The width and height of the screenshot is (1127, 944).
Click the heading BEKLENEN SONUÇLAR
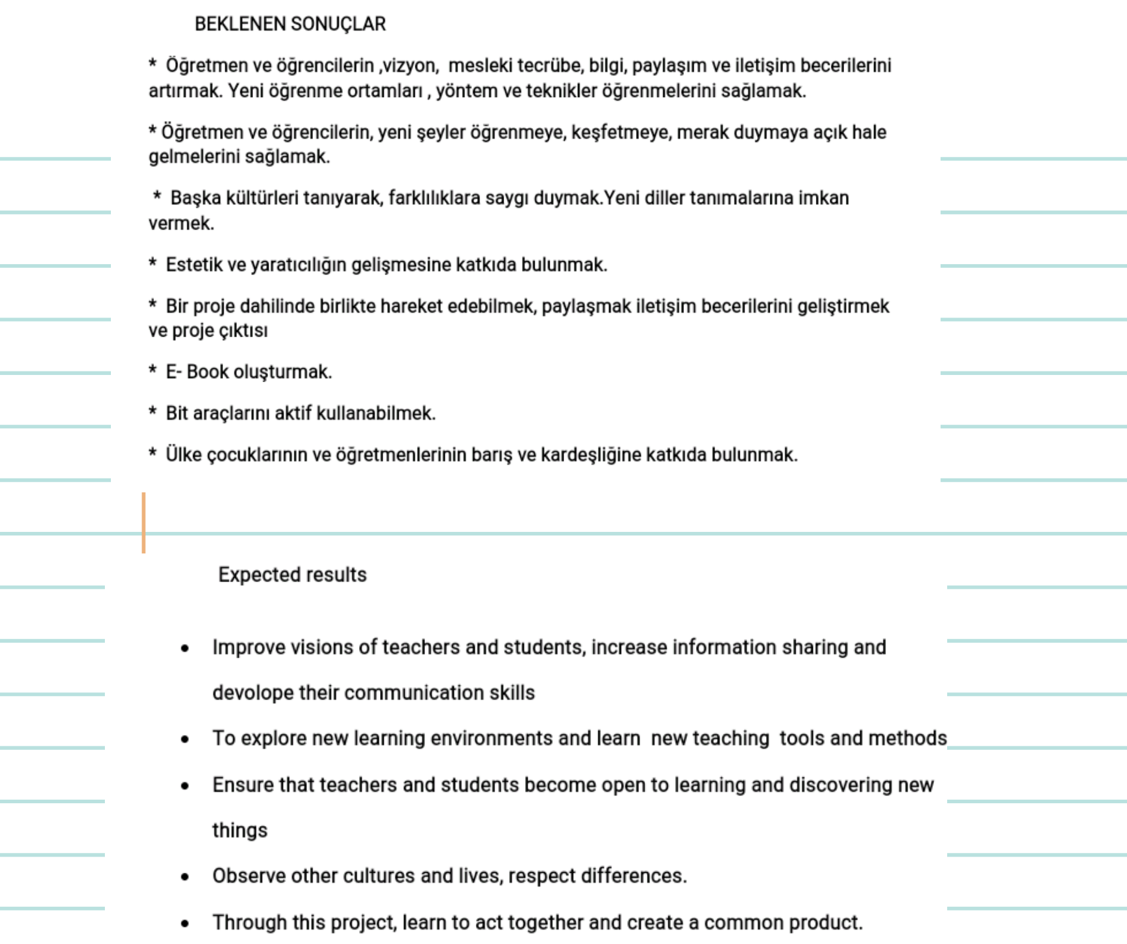point(290,24)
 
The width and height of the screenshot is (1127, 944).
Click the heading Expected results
point(292,574)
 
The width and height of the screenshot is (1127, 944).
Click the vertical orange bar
point(144,522)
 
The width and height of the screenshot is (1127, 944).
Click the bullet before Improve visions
point(185,648)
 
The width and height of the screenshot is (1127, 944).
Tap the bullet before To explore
point(185,739)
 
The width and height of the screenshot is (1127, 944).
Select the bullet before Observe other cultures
point(185,877)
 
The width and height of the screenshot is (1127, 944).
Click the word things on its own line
point(240,830)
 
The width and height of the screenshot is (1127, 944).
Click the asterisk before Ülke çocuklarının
point(153,453)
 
